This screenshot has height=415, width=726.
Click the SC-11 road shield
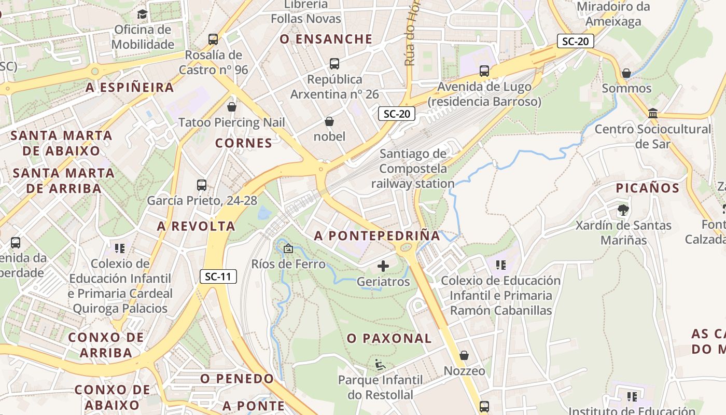(x=218, y=276)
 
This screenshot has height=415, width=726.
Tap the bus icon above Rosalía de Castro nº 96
(x=213, y=39)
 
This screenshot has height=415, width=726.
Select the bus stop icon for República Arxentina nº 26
(x=334, y=64)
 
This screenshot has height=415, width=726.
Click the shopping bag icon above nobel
(x=329, y=121)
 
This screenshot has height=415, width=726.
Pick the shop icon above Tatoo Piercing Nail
(x=232, y=107)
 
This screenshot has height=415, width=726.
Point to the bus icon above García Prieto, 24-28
(x=202, y=185)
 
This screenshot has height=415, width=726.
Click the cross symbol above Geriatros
(x=383, y=266)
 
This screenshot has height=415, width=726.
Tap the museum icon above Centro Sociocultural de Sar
(x=653, y=113)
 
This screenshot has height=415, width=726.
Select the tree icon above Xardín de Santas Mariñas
(x=623, y=210)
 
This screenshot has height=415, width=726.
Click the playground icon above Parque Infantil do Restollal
(x=380, y=365)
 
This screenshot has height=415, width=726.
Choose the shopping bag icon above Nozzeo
(x=464, y=355)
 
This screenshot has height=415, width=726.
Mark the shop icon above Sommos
(x=626, y=73)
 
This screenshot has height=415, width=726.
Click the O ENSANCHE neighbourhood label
(x=326, y=39)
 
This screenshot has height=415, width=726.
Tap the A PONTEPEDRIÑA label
(x=377, y=236)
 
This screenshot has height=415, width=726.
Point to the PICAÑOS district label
(x=647, y=188)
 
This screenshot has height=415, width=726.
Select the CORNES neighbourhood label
(x=243, y=143)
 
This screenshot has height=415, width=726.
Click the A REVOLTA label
(x=196, y=226)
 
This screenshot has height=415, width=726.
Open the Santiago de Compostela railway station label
(x=413, y=169)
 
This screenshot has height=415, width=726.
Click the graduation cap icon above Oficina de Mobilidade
(x=142, y=14)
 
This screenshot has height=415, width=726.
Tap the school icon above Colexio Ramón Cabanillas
(x=500, y=265)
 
